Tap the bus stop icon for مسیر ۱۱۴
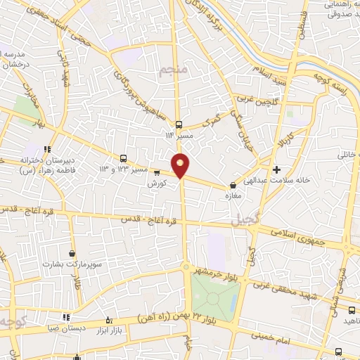(x=179, y=122)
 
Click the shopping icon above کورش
(x=156, y=172)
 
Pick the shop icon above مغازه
(x=233, y=186)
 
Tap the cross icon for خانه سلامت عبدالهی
(x=278, y=169)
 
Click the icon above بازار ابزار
(x=108, y=320)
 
